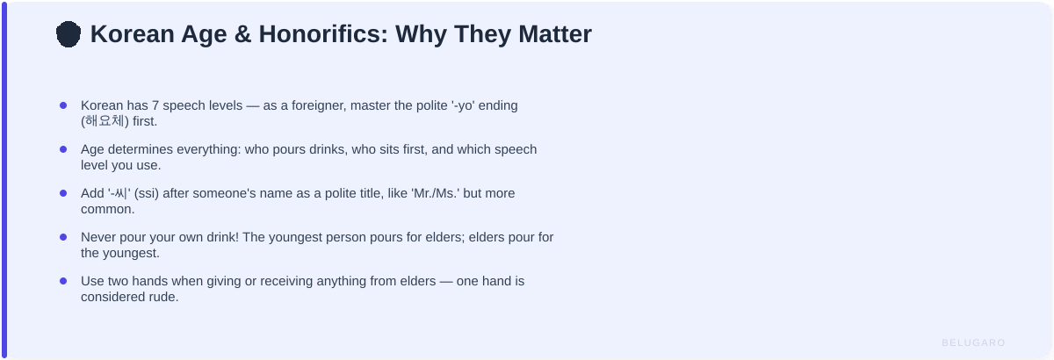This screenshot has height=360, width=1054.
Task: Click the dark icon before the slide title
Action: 69,34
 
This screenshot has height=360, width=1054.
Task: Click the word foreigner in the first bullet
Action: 313,105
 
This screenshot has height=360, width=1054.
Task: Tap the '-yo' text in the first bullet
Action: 466,105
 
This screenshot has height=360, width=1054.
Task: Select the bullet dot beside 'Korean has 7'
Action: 63,105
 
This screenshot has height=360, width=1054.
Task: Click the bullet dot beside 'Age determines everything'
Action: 63,149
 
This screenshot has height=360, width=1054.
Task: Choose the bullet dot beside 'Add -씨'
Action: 63,193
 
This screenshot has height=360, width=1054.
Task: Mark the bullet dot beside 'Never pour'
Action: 63,237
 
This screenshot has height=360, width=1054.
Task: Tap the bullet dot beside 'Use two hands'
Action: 63,281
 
